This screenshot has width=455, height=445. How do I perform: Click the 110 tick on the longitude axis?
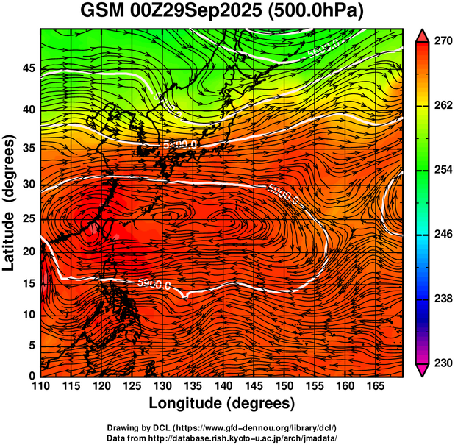tap(40, 386)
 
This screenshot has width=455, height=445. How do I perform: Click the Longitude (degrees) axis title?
tap(222, 404)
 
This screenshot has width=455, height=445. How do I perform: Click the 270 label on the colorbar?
tap(443, 42)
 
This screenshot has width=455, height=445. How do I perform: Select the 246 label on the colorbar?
tap(443, 235)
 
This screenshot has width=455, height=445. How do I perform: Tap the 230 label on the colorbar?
tap(443, 363)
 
